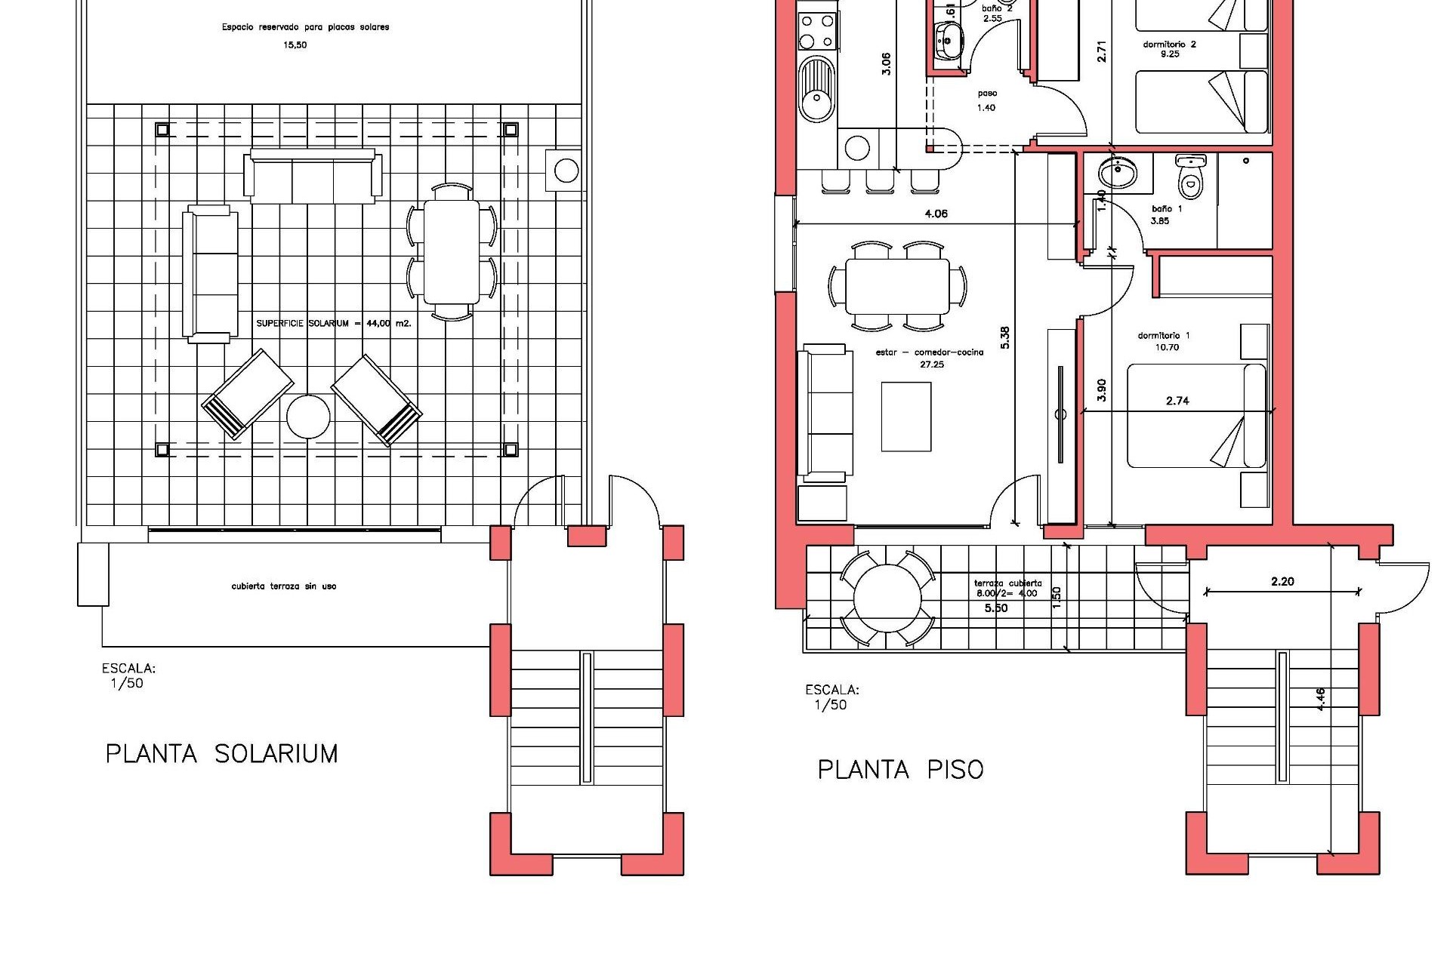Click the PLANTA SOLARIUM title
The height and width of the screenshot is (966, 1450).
(x=221, y=754)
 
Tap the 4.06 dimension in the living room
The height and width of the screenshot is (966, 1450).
(x=936, y=214)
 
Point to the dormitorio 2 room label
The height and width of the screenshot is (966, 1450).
(x=1169, y=49)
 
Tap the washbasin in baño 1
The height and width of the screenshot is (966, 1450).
(x=1116, y=173)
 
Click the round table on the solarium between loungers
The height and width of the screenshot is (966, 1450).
(x=308, y=416)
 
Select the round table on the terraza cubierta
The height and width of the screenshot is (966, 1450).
(x=887, y=598)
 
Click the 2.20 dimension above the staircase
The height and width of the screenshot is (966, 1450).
(x=1282, y=581)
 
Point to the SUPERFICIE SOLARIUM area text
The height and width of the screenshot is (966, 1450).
(x=333, y=324)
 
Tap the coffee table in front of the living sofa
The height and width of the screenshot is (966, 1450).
(x=906, y=417)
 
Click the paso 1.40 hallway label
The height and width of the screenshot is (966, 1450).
(x=986, y=100)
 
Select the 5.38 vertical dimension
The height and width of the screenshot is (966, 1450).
(x=1005, y=337)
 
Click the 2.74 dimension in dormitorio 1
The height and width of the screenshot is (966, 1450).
(x=1177, y=401)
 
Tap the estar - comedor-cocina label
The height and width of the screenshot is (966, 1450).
(x=930, y=358)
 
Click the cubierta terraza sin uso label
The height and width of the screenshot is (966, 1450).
(x=284, y=586)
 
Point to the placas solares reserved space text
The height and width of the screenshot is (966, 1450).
(x=305, y=35)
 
